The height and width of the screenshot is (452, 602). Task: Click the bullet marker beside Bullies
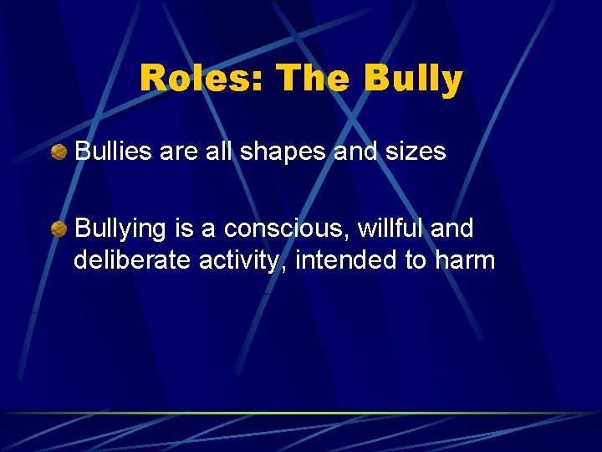tap(59, 152)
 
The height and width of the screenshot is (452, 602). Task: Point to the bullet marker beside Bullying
tap(59, 229)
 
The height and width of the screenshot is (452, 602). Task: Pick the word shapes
tap(281, 152)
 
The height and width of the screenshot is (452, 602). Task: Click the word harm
tap(465, 260)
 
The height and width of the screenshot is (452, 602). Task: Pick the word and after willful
tap(452, 228)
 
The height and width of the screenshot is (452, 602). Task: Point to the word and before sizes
tap(355, 152)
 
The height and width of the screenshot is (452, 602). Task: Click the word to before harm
tap(416, 260)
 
